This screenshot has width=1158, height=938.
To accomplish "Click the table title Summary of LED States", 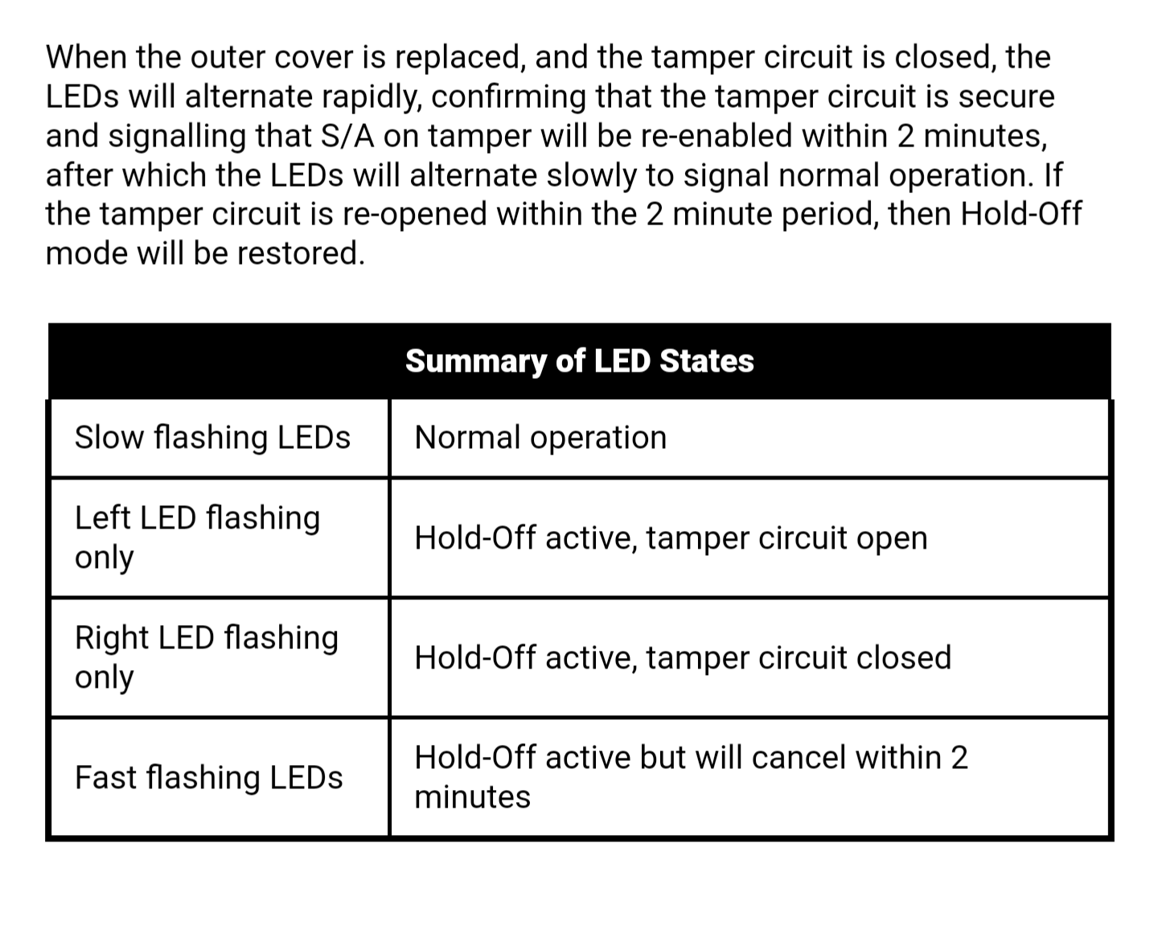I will click(x=579, y=361).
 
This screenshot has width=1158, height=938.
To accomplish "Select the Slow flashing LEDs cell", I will click(x=212, y=438).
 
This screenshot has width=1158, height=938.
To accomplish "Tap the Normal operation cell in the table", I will click(x=540, y=438).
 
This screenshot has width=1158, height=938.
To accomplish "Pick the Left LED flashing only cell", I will click(x=197, y=537).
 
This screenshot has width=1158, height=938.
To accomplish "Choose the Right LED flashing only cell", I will click(x=207, y=656).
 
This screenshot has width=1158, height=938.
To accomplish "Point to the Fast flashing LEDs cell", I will click(x=208, y=777).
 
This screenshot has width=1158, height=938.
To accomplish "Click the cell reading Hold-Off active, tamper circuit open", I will click(x=671, y=537).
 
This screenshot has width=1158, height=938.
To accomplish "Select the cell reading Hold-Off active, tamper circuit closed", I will click(x=683, y=657).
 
